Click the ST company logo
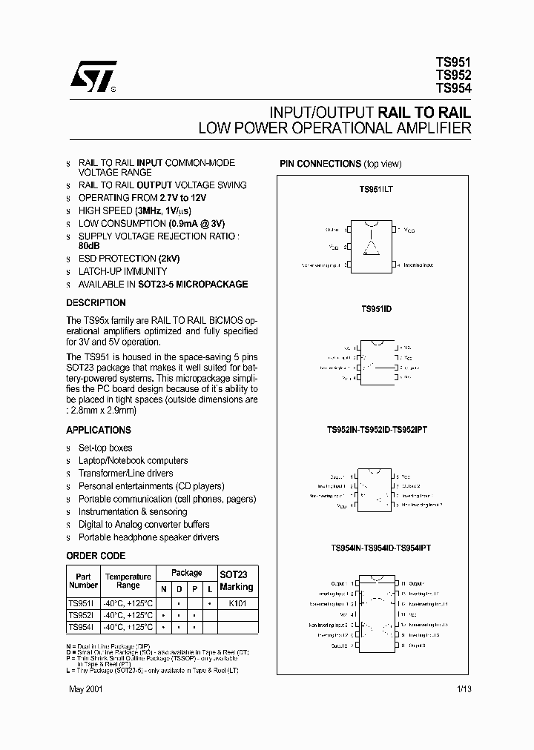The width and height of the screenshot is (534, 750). pos(93,75)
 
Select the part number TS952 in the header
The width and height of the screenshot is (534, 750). pos(453,75)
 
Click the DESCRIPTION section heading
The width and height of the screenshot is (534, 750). pos(96,303)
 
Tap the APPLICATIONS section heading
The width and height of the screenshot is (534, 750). pos(99,430)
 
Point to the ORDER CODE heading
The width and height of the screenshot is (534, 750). pos(96,556)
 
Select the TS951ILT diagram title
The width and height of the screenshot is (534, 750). pos(375,190)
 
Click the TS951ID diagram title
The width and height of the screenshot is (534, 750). pos(375,308)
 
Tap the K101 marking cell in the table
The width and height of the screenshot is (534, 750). pos(237,603)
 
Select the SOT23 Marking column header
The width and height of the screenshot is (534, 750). pos(237,581)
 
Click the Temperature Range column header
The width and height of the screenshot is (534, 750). pos(128,581)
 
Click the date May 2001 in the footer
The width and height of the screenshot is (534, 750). pos(84,688)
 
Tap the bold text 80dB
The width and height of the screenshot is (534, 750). pos(89,245)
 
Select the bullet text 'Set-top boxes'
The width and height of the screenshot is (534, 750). pos(105,448)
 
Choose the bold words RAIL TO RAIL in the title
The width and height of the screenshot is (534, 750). pos(424,113)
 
